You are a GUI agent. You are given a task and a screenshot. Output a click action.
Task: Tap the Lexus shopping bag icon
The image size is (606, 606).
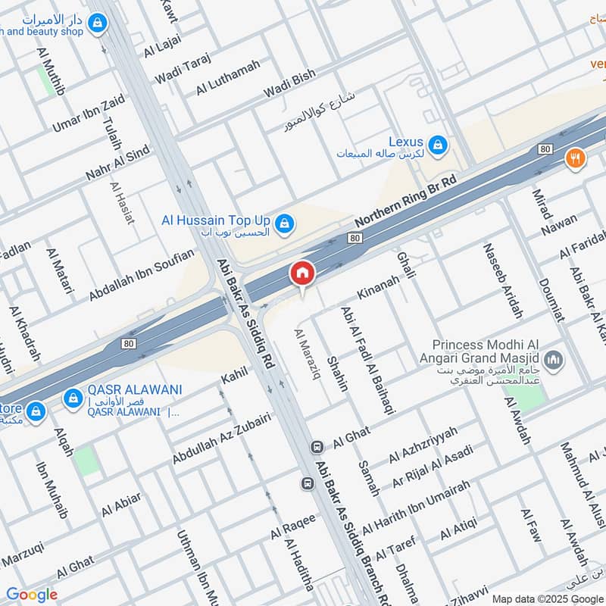pyautogui.click(x=437, y=143)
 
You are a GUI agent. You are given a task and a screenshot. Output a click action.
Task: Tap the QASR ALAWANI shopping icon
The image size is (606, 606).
pyautogui.click(x=73, y=397)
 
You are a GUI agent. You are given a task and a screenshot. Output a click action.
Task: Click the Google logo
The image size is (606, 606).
pyautogui.click(x=32, y=595)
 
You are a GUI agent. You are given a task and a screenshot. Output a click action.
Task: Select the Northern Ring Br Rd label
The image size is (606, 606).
pyautogui.click(x=407, y=201)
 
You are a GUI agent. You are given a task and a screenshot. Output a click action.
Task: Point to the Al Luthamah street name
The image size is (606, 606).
pyautogui.click(x=227, y=77)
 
